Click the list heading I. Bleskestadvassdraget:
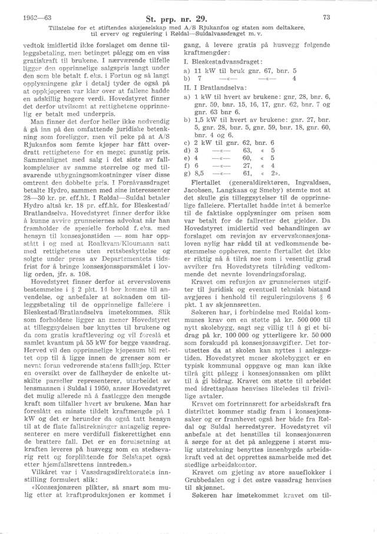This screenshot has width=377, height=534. coord(226,61)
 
